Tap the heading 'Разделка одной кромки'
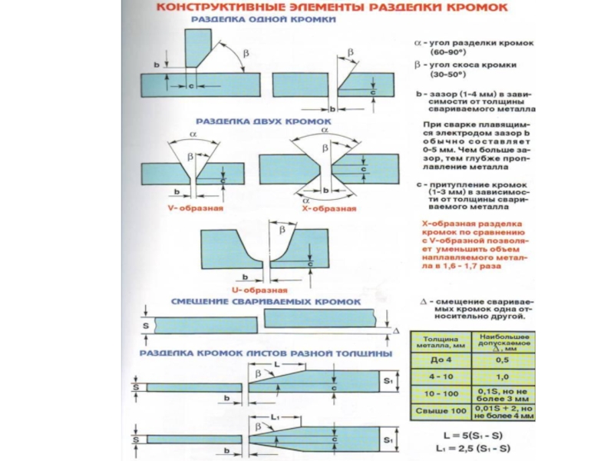(x=262, y=23)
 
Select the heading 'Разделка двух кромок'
(x=262, y=121)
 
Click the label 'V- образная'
(x=195, y=209)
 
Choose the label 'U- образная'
(x=259, y=290)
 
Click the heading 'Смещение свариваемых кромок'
(x=266, y=303)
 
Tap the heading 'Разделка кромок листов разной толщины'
(x=266, y=353)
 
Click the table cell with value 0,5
(x=503, y=359)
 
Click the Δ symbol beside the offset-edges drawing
(x=397, y=330)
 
